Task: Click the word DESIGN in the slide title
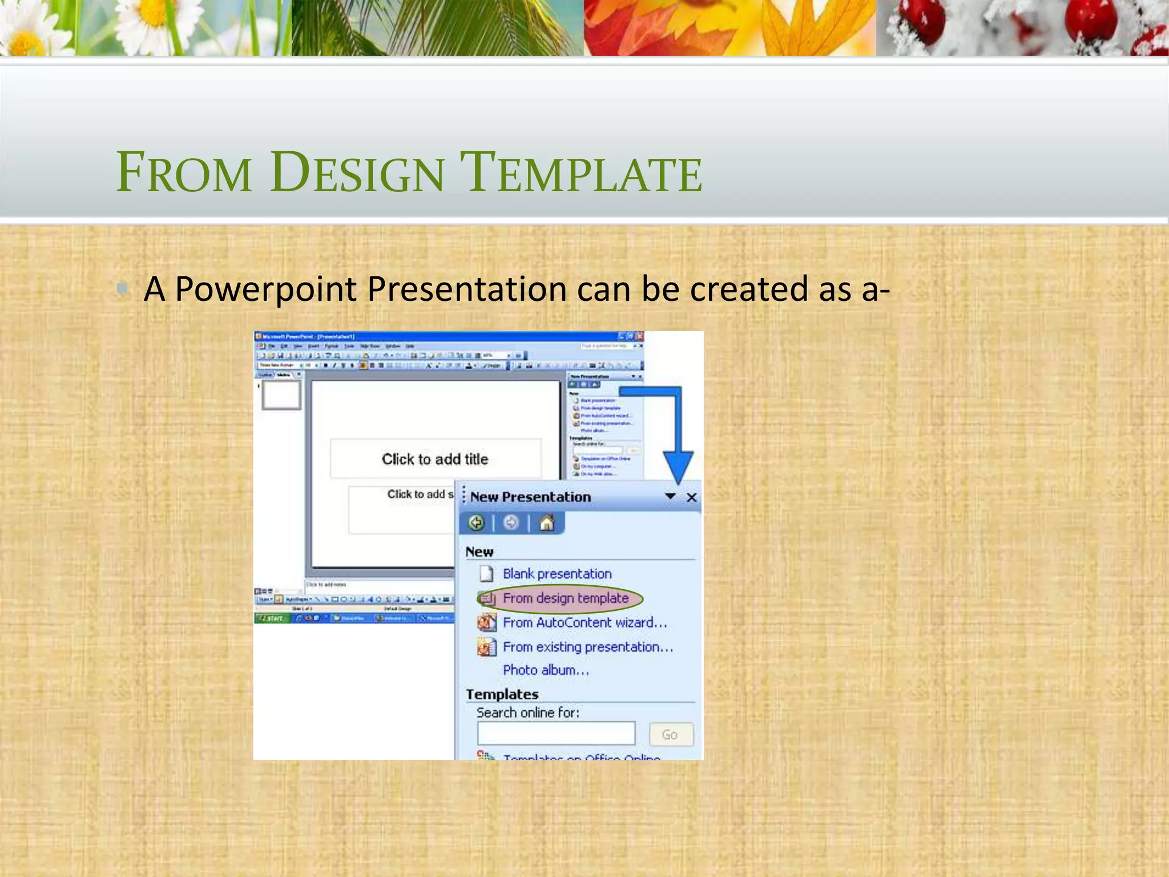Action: (357, 172)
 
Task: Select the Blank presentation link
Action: (557, 574)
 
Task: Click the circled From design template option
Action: (565, 598)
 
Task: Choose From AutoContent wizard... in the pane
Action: (584, 623)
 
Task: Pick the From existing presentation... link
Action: (587, 647)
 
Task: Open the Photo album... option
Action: (545, 670)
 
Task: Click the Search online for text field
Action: (556, 734)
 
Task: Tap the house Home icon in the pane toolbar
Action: (546, 523)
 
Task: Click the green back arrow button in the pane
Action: (476, 523)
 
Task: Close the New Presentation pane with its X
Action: (691, 498)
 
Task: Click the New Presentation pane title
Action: (530, 497)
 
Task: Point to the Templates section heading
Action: (502, 694)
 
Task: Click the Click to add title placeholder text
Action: (435, 459)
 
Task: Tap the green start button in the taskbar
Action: (271, 618)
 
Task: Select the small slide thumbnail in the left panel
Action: (281, 395)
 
